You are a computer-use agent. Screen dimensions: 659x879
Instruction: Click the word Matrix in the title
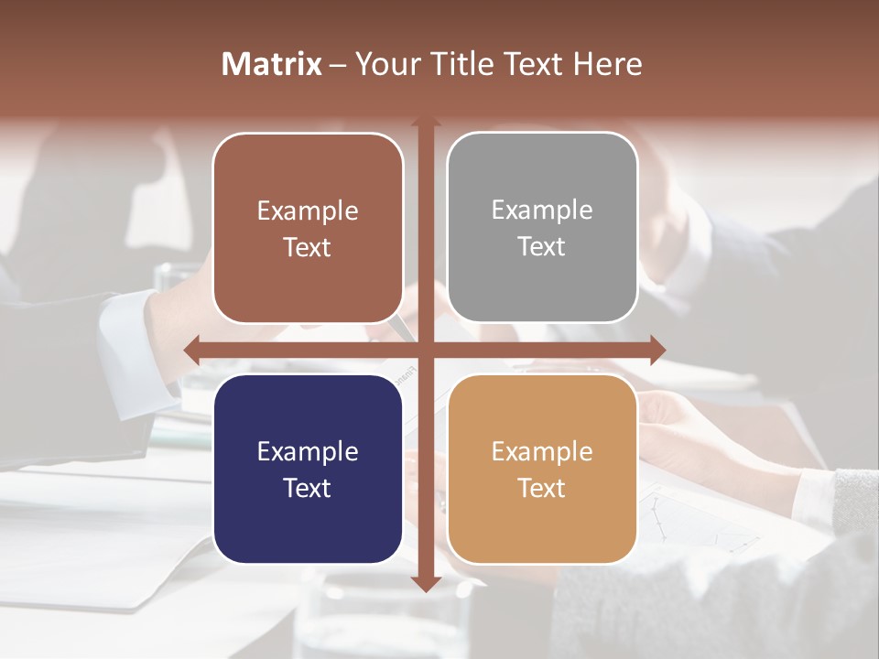[272, 64]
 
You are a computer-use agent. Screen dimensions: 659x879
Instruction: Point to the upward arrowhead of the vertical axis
[425, 122]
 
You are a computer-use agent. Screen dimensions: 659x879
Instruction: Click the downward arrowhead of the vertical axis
[425, 583]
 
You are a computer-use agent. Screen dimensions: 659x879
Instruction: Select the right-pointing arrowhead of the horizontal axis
[657, 350]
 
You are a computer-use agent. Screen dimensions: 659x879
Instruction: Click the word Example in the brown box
[308, 211]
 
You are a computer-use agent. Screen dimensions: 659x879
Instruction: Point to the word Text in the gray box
[542, 246]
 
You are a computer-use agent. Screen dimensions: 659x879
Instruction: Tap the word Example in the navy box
[308, 451]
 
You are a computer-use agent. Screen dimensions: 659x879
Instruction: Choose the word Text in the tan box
[542, 488]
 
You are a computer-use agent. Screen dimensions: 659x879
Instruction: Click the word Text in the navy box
[308, 488]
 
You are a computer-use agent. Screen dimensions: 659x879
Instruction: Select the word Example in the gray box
[542, 210]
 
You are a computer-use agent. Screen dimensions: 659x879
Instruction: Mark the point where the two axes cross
[425, 350]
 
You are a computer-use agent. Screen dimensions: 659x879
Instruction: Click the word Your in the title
[384, 64]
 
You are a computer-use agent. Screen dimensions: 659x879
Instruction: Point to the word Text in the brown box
[308, 247]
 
